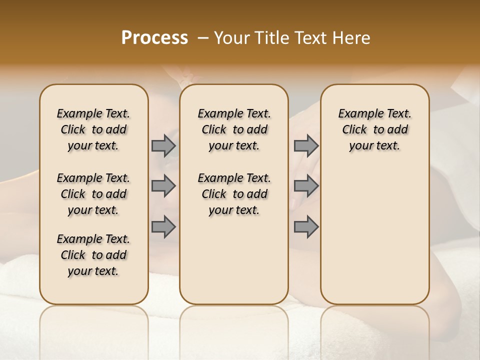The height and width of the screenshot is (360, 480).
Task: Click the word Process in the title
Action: [x=154, y=38]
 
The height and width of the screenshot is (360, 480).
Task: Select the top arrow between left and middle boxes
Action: [x=163, y=145]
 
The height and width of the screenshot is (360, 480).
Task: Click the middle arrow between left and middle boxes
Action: [x=163, y=186]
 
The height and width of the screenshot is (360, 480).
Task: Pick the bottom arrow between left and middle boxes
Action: [x=163, y=226]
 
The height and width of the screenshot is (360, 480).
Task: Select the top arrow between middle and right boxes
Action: [x=306, y=145]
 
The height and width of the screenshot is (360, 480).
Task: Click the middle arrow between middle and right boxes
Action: [x=306, y=186]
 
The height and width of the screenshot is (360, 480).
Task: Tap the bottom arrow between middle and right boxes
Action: [x=306, y=226]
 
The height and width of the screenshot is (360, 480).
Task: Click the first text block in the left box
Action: [x=93, y=129]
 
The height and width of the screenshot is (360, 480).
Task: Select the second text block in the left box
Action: [x=93, y=194]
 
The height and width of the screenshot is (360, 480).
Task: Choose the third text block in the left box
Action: [x=93, y=255]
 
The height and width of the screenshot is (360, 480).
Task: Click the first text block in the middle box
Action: [x=234, y=129]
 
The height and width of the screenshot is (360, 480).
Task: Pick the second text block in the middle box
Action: [x=234, y=194]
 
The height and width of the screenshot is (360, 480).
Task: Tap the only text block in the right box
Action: [x=374, y=129]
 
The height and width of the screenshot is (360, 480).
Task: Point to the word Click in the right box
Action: [x=354, y=130]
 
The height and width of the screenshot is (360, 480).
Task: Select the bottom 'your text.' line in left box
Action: [x=93, y=271]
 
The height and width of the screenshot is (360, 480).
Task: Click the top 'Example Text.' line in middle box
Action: [x=234, y=114]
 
